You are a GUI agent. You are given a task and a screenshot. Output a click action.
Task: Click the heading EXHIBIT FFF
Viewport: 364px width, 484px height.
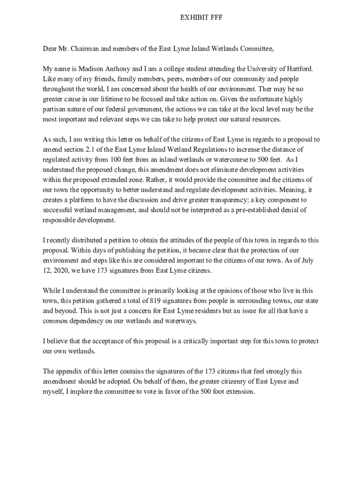(201, 17)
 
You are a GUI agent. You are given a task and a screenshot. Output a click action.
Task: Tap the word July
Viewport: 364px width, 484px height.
(305, 260)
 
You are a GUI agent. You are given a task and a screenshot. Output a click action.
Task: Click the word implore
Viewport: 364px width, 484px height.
(77, 391)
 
